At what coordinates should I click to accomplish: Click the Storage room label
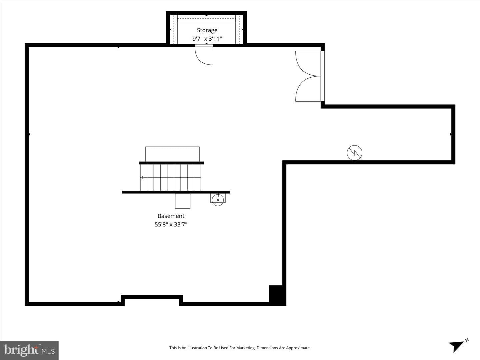coord(207,30)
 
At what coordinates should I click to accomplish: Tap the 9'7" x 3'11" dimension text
coord(207,39)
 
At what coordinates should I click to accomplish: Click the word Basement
coord(171,216)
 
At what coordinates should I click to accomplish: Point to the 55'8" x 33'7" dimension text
coord(171,224)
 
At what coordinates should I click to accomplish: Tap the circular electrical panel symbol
coord(354,153)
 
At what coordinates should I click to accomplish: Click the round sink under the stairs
coord(218,200)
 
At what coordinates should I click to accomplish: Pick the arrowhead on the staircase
coord(142,177)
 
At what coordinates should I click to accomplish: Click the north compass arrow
coord(456,346)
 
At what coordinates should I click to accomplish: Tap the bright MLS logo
coord(29,350)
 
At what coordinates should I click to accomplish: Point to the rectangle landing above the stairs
coord(172,154)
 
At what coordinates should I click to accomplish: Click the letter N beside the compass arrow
coord(467,340)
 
